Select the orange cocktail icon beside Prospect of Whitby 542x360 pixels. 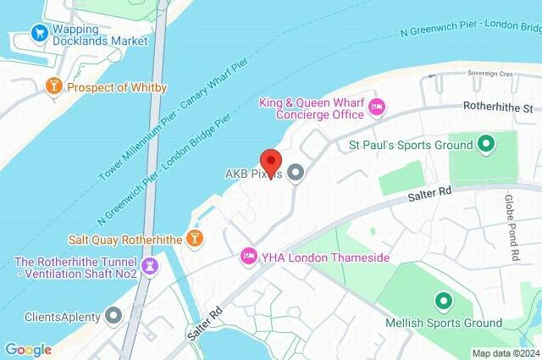[54, 87]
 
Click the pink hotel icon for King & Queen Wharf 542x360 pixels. [377, 106]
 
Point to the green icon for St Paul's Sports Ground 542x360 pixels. [486, 144]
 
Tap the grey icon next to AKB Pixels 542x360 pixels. [296, 174]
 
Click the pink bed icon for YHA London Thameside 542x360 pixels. [249, 255]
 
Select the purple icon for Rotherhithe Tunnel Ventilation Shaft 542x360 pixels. [150, 266]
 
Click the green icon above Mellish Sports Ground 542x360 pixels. [441, 301]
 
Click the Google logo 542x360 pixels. [28, 349]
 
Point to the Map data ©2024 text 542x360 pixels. [505, 352]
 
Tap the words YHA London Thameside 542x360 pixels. [325, 256]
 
